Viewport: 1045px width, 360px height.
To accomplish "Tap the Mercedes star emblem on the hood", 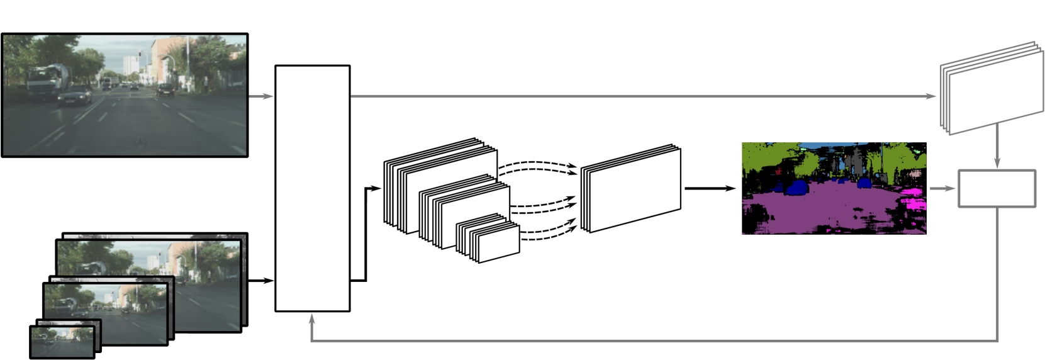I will point(142,142).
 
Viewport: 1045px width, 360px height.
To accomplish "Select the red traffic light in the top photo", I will point(139,53).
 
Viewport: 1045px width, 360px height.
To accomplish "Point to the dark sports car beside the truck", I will point(75,96).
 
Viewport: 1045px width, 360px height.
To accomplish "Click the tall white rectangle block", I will point(312,188).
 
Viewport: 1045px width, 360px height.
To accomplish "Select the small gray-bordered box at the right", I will point(997,188).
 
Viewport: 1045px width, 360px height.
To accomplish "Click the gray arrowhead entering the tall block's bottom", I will point(312,319).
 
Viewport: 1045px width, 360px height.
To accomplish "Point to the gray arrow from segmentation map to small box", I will point(942,188).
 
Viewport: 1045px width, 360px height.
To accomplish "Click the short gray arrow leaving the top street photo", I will point(260,96).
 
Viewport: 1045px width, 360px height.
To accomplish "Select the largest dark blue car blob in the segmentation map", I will point(797,188).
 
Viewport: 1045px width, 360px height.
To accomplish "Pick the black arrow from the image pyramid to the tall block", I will point(260,280).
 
